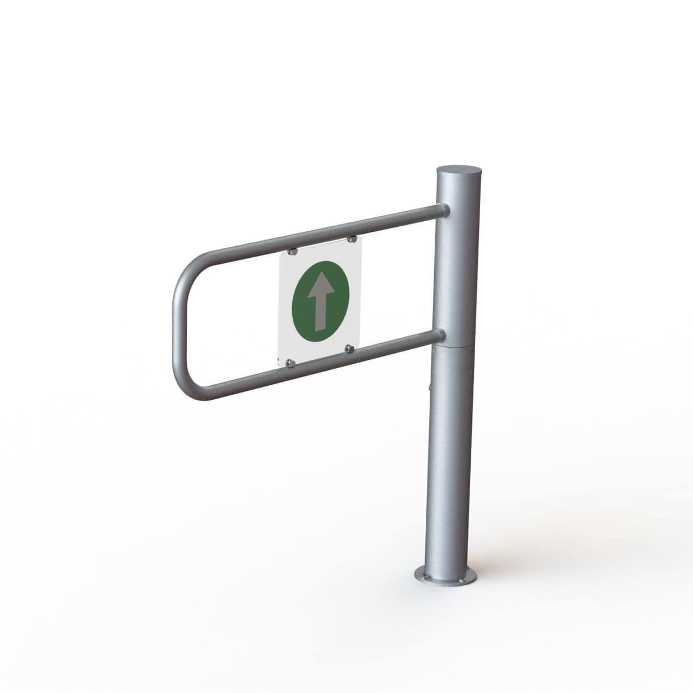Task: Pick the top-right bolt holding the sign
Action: [x=350, y=239]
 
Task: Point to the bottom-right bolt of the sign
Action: [x=349, y=348]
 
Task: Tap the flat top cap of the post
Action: [x=453, y=170]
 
